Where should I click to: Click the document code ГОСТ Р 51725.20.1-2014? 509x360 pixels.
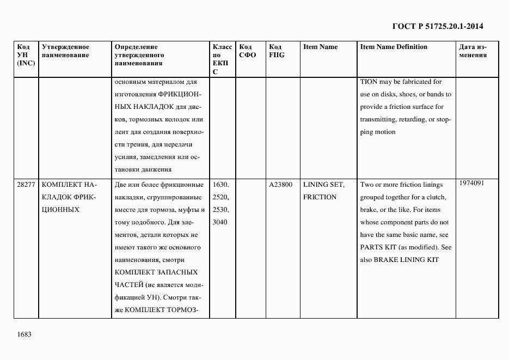(x=438, y=26)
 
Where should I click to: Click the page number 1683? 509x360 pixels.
(x=24, y=334)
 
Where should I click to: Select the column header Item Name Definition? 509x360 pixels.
(x=394, y=47)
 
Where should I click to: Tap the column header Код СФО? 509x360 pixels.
(x=247, y=51)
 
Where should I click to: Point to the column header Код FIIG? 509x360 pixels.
(x=277, y=51)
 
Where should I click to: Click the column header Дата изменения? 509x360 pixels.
(x=473, y=51)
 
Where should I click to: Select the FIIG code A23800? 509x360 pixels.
(x=281, y=185)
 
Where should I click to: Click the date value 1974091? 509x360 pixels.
(x=472, y=184)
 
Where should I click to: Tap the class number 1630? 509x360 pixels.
(x=222, y=185)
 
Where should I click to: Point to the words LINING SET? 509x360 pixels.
(x=323, y=185)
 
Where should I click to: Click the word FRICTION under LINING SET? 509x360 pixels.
(x=320, y=197)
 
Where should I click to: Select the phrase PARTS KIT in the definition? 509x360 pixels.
(x=377, y=247)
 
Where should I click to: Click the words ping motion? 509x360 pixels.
(x=378, y=132)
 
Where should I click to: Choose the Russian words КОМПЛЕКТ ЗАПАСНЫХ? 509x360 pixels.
(x=156, y=272)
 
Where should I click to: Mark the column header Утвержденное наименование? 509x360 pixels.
(x=65, y=51)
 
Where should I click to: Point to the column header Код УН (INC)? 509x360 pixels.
(x=26, y=55)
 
